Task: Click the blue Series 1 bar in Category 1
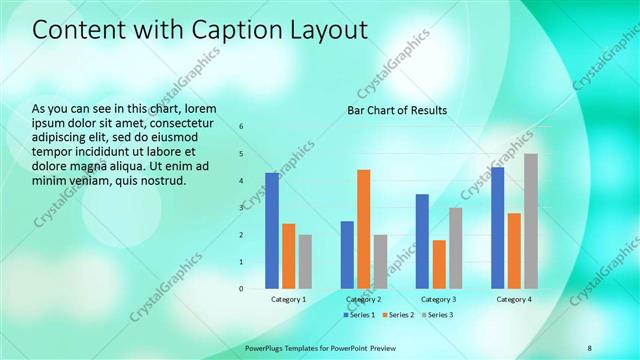tap(272, 230)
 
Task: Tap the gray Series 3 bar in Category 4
tap(531, 220)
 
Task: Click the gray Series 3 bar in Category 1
tap(305, 261)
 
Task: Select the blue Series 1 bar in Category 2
tap(347, 254)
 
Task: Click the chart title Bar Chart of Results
tap(397, 110)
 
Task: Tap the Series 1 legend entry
tap(360, 315)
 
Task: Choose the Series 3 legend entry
tap(437, 315)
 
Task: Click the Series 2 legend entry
tap(398, 315)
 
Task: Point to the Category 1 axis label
tap(289, 299)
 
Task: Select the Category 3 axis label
tap(439, 299)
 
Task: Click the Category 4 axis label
tap(514, 299)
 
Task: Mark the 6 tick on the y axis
tap(241, 127)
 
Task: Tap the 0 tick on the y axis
tap(241, 289)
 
